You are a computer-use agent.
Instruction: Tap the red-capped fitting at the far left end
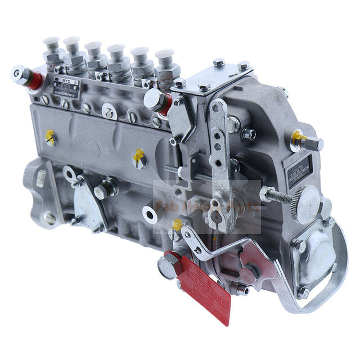coord(25,75)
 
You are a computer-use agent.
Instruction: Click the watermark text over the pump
coord(208,207)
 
